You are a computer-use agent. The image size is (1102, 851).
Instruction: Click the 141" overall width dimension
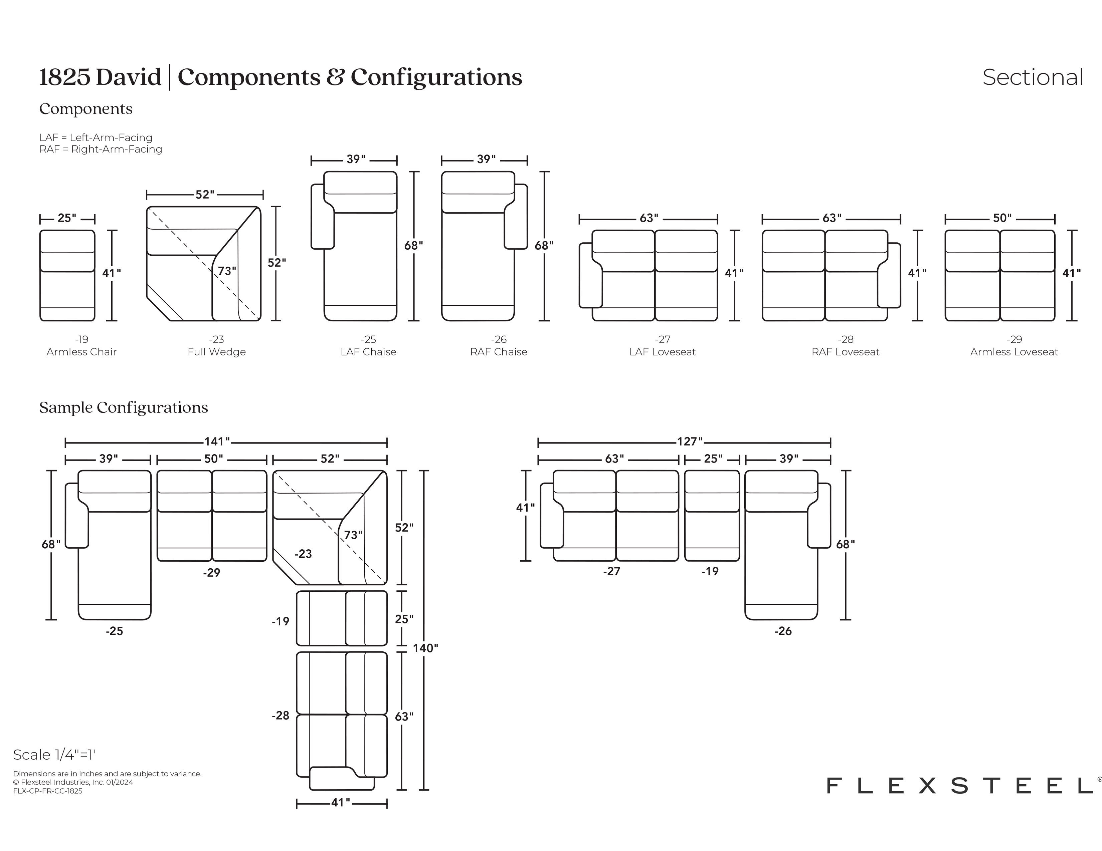(217, 442)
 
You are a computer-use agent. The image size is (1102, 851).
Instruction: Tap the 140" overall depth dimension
(425, 648)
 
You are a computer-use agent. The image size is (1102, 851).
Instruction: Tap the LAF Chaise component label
(368, 352)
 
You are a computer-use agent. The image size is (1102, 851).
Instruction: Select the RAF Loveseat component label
(845, 352)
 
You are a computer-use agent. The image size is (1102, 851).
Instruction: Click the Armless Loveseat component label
(1014, 352)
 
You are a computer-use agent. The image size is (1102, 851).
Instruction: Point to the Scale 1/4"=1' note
(54, 755)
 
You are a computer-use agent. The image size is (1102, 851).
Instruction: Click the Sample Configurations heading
(124, 407)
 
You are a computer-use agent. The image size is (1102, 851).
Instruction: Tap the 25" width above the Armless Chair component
(67, 218)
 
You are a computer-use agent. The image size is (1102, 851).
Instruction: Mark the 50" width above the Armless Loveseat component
(1002, 218)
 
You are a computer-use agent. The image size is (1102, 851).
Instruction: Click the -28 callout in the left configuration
(280, 716)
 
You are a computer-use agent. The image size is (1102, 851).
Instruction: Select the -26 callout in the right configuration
(783, 631)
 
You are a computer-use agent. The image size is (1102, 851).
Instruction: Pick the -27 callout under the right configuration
(611, 571)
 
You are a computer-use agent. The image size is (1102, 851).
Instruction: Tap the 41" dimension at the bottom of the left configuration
(341, 802)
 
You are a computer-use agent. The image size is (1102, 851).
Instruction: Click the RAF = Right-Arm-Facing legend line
(101, 149)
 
